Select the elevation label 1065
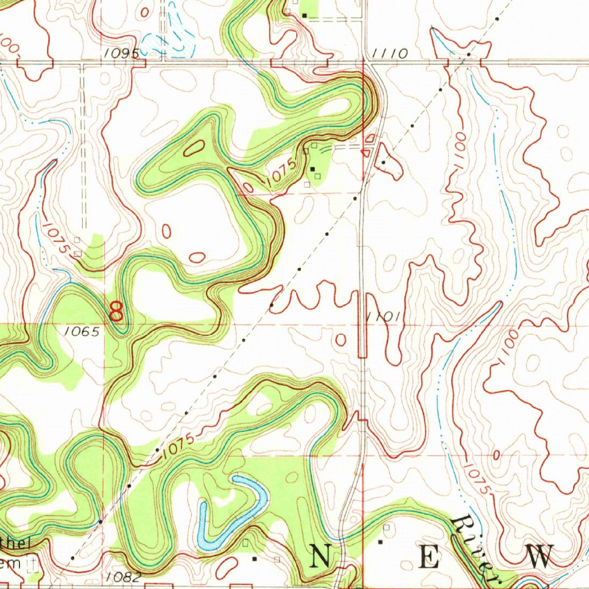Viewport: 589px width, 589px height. (x=82, y=331)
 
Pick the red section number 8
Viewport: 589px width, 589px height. (x=116, y=312)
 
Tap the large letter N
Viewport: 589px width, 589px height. (x=322, y=557)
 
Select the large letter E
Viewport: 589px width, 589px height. (x=429, y=557)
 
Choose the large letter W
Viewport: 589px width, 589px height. (x=538, y=557)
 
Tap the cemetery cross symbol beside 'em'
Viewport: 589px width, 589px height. (x=35, y=563)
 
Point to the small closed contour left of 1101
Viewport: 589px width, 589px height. (x=341, y=339)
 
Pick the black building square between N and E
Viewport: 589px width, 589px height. (x=380, y=542)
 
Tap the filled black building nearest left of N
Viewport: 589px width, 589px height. (x=254, y=559)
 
